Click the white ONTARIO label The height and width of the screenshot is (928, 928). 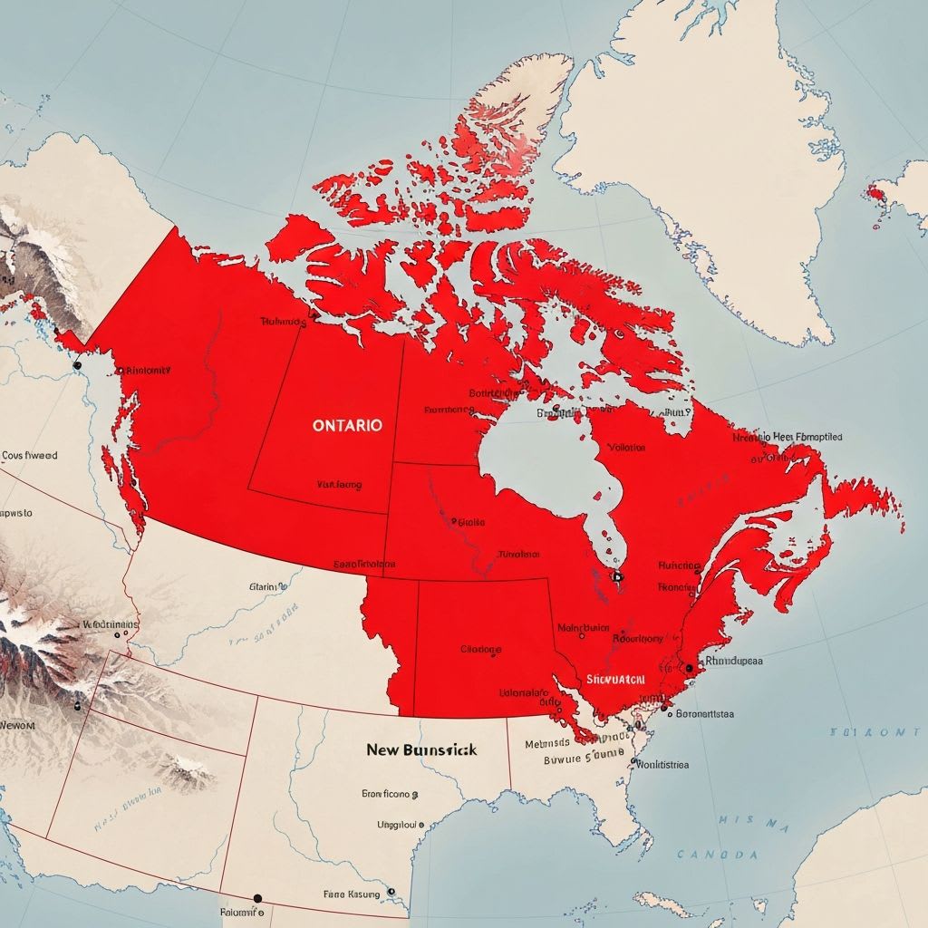[347, 424]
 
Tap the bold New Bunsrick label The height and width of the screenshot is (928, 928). [421, 750]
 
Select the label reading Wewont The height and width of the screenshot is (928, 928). [17, 725]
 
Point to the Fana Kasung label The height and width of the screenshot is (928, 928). [353, 894]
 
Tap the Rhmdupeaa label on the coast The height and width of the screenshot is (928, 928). [732, 661]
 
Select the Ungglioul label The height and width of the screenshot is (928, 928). [399, 825]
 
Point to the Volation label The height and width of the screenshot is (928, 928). [626, 448]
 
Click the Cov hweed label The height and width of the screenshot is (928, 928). [29, 456]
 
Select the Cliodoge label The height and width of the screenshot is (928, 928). [480, 649]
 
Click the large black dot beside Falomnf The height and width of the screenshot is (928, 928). [257, 899]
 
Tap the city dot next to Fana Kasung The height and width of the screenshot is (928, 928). [391, 892]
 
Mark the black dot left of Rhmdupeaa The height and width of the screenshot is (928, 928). [689, 668]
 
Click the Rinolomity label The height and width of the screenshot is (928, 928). [148, 371]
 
